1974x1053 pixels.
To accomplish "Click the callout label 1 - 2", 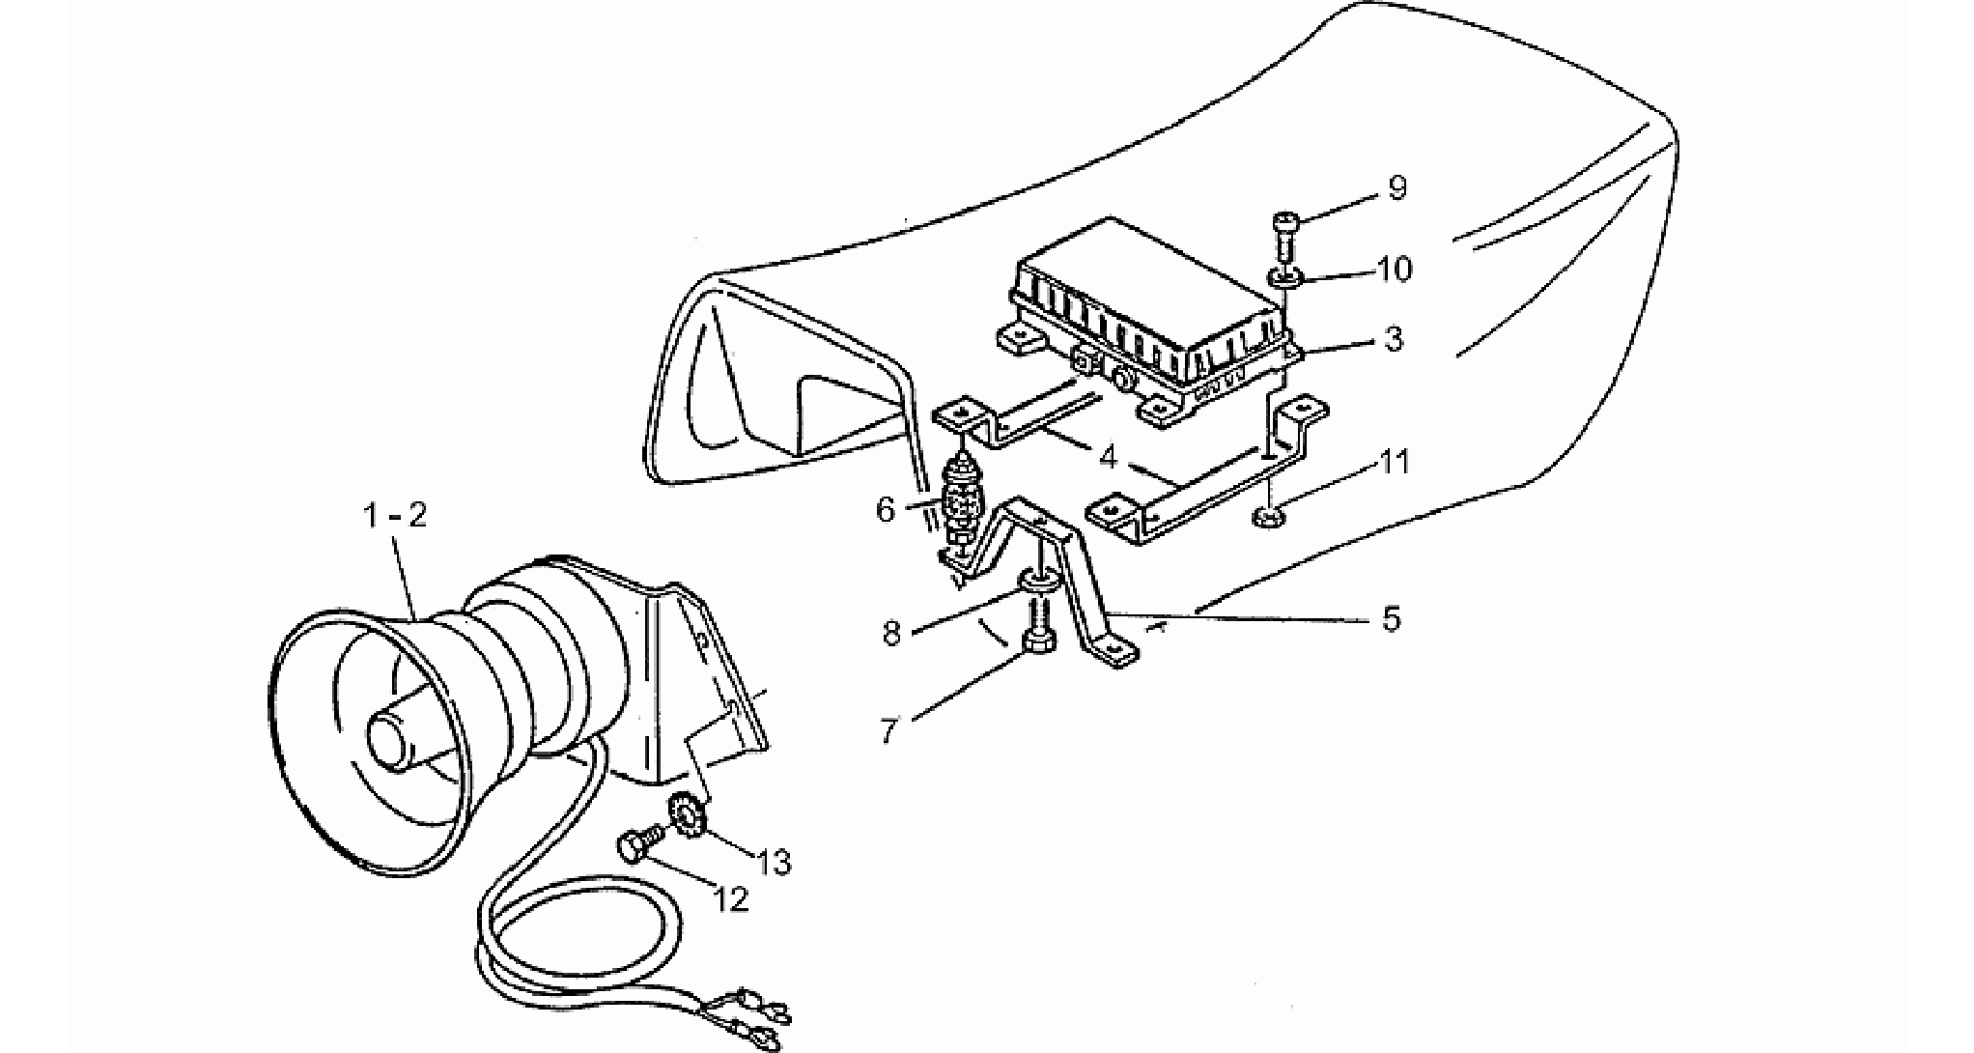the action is [394, 516].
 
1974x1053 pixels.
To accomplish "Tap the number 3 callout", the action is [1392, 339].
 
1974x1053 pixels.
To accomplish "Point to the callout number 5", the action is [1391, 618].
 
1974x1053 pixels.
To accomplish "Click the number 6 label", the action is [886, 509].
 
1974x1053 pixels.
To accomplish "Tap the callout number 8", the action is [890, 634].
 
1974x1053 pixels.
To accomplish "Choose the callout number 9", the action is [1396, 187].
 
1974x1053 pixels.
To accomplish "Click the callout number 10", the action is [1395, 269].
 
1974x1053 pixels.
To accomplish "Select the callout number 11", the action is [1393, 463].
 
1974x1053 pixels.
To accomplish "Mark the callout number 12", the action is [731, 899].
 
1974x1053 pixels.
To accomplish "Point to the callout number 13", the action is [775, 861].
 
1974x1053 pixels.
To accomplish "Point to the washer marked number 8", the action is [1038, 581].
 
